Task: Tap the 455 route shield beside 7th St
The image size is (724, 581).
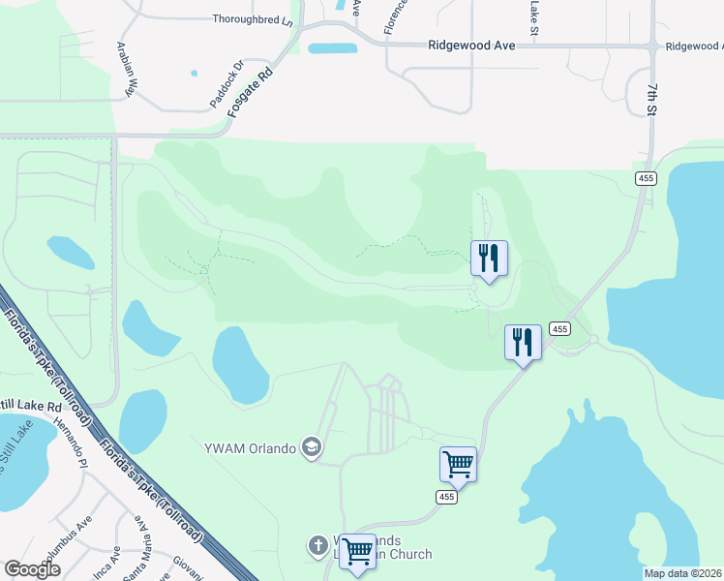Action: tap(647, 178)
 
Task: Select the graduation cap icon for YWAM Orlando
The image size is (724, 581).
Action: tap(312, 447)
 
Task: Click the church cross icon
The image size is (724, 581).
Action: tap(317, 546)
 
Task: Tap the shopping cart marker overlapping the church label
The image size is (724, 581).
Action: tap(358, 552)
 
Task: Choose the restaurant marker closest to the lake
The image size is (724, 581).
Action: tap(523, 342)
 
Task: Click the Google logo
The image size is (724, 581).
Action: tap(32, 569)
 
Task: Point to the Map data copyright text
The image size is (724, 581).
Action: tap(682, 573)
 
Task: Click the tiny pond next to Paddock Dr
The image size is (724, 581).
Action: tap(194, 73)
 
